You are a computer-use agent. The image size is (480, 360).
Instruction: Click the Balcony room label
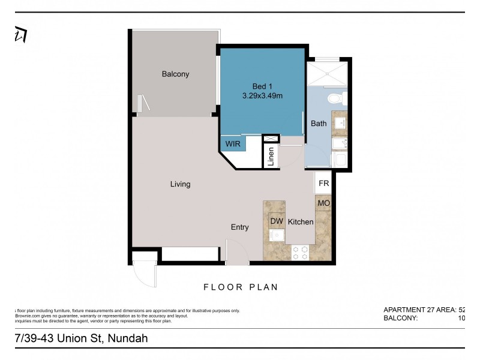(x=175, y=74)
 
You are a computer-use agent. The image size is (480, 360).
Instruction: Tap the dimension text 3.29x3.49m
(x=262, y=95)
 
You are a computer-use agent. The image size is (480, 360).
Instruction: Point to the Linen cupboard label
(x=271, y=156)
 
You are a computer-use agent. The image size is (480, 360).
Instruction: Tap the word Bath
(x=319, y=124)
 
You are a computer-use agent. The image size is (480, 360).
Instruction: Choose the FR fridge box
(x=323, y=184)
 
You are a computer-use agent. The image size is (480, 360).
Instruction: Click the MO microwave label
(x=323, y=203)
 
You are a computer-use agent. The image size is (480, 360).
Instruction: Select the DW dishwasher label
(x=277, y=221)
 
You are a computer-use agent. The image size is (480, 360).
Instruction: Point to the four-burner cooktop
(x=300, y=253)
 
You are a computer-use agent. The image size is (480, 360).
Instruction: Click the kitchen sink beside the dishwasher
(x=277, y=235)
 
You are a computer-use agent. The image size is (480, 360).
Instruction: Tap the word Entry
(x=240, y=227)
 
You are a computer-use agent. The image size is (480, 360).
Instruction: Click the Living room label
(x=180, y=184)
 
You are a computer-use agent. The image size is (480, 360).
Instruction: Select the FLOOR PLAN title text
(x=241, y=287)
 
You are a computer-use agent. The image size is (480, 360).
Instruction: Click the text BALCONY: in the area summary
(x=400, y=319)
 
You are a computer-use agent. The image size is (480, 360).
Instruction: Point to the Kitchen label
(x=301, y=222)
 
